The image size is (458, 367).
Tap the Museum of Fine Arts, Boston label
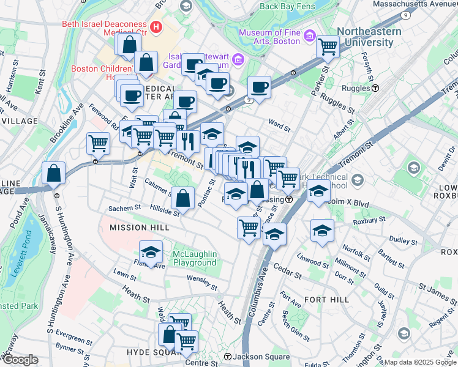pyautogui.click(x=269, y=37)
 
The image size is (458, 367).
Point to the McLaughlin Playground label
pyautogui.click(x=193, y=258)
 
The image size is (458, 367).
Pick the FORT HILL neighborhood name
pyautogui.click(x=326, y=299)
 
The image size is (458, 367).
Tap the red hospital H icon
pyautogui.click(x=156, y=27)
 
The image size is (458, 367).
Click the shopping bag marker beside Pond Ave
pyautogui.click(x=54, y=173)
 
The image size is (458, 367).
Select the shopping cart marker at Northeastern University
pyautogui.click(x=328, y=46)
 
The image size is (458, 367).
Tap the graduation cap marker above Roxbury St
pyautogui.click(x=322, y=230)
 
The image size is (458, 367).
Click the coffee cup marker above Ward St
pyautogui.click(x=259, y=86)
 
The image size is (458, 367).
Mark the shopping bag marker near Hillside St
pyautogui.click(x=182, y=198)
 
